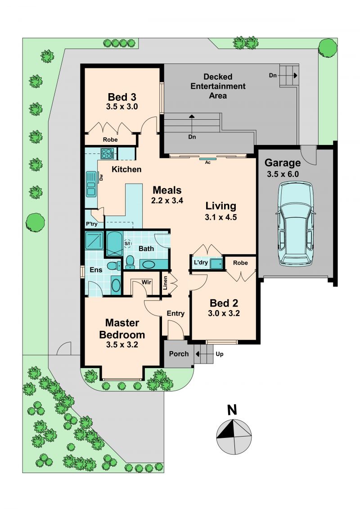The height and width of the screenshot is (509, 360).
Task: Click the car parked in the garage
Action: point(295,224)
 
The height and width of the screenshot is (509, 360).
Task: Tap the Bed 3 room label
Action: point(122,97)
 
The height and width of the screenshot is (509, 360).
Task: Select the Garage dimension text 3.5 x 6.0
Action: point(283,174)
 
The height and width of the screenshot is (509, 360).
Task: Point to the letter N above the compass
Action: point(232,410)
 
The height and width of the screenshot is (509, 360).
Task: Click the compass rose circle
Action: point(234,437)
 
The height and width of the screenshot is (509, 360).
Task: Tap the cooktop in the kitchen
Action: point(107,153)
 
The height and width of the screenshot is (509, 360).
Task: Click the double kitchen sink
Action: point(91,184)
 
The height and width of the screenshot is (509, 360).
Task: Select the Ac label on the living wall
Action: point(208,162)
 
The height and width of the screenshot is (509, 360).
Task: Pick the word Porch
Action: point(179,354)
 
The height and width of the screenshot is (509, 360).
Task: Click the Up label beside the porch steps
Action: point(220,354)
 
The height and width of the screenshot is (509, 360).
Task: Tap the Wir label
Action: point(146,282)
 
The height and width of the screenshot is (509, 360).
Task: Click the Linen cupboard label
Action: point(165,283)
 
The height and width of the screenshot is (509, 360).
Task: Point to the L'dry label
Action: point(201,262)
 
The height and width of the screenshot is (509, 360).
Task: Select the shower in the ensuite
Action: point(94,240)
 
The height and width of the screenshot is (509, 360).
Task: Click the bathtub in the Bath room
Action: point(114,244)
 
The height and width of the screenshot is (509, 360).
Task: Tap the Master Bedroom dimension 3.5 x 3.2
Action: point(122,345)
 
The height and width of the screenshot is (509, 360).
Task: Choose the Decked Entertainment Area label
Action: point(218,86)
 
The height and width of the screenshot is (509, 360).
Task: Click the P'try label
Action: point(91,224)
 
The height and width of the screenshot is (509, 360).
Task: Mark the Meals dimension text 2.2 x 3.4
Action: point(167,201)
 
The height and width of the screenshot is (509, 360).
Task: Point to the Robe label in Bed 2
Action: point(241,263)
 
